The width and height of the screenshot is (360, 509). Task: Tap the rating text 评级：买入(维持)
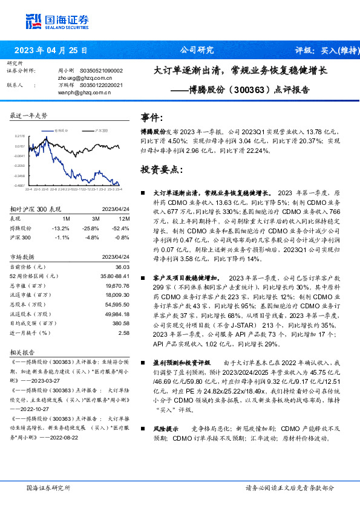point(324,50)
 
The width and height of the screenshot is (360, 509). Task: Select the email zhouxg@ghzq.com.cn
point(85,78)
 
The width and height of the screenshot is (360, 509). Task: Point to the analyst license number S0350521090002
point(101,71)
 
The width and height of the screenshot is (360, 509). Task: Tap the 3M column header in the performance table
point(95,219)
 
